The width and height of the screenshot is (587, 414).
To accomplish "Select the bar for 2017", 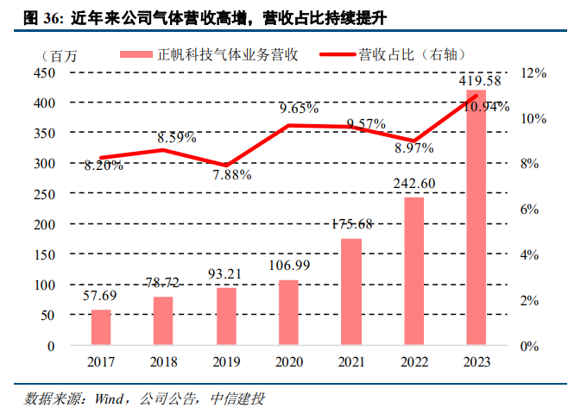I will tap(101, 327).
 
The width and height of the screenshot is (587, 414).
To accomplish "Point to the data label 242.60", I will tap(414, 184).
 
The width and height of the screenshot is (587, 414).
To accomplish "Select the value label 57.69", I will tap(101, 294).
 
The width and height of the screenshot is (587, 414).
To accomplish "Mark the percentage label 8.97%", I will tap(414, 149).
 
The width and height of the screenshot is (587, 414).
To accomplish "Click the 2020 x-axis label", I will tap(288, 361).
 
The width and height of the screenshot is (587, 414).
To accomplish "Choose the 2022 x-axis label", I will tap(414, 361).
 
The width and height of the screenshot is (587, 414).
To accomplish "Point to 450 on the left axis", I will tap(44, 72).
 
